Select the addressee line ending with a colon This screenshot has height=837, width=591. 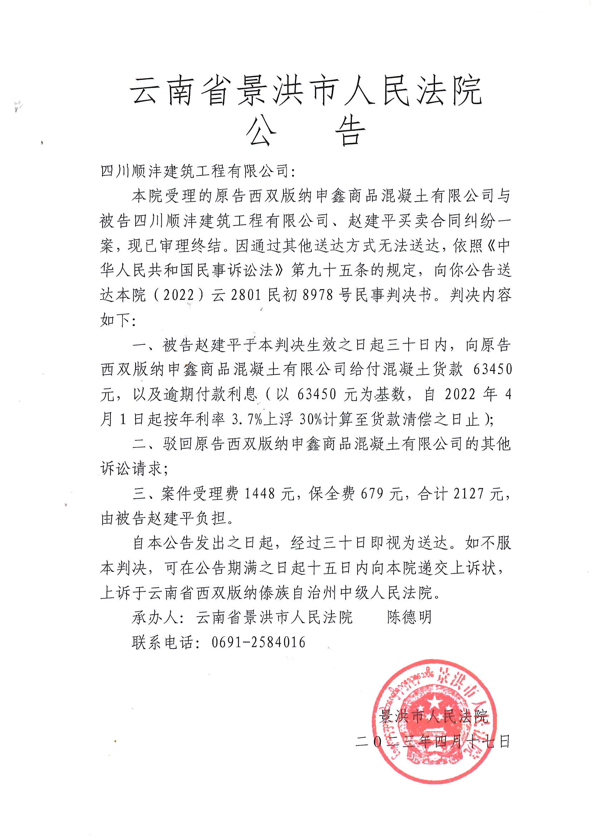coord(198,171)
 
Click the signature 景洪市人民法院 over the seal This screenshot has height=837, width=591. coord(433,717)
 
